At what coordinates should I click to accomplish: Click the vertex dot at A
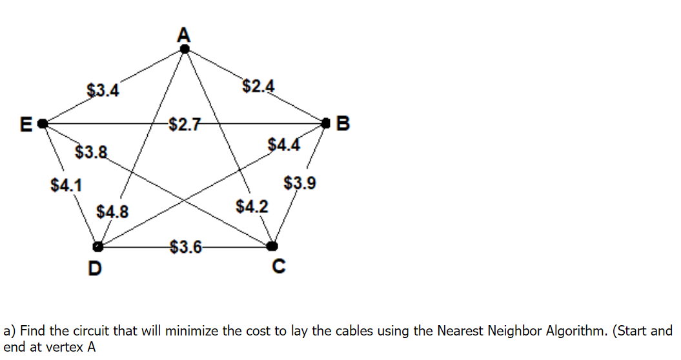point(185,48)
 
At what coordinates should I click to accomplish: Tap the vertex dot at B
point(328,122)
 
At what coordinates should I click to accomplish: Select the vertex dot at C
point(272,246)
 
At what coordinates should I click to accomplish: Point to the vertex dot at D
point(97,246)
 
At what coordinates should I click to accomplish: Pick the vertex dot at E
point(43,123)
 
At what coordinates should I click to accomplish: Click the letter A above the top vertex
point(185,33)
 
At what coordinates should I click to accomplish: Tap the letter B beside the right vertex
point(343,123)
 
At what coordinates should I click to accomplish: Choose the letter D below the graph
point(94,267)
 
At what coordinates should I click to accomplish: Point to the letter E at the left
point(26,123)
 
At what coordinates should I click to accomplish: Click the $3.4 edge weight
point(103,90)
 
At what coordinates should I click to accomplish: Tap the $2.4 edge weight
point(258,85)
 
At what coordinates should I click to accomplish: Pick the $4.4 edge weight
point(284,144)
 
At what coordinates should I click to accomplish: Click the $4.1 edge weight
point(66,185)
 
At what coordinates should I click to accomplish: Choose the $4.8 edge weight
point(112,211)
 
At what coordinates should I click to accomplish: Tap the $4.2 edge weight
point(252,206)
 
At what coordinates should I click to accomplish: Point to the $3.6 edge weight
point(185,246)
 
